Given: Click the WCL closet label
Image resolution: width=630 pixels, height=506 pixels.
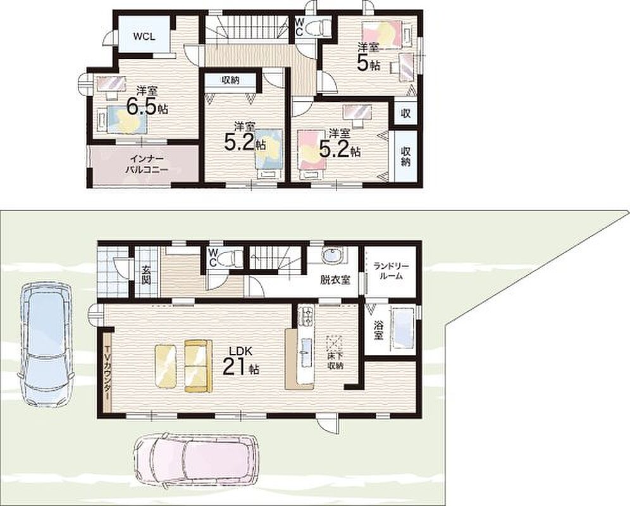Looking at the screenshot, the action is (144, 37).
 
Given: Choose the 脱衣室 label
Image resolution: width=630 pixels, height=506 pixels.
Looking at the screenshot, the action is (335, 280).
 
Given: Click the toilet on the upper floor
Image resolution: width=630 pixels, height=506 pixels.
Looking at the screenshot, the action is (318, 28).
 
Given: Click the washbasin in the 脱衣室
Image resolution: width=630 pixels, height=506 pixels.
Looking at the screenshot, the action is (332, 255).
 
